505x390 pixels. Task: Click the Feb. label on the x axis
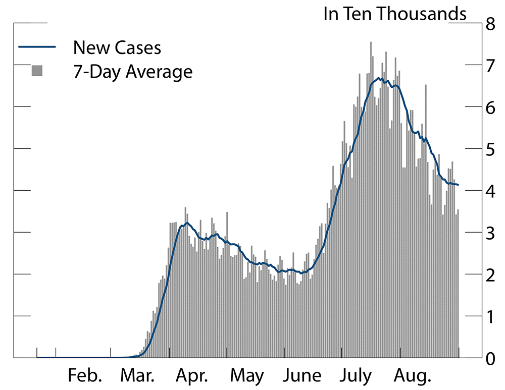tap(85, 376)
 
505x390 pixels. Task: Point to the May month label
tap(247, 376)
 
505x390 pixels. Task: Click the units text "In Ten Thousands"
tap(395, 14)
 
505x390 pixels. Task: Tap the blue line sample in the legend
tap(37, 48)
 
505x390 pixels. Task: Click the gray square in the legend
tap(37, 71)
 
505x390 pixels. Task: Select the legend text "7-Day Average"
tap(133, 72)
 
